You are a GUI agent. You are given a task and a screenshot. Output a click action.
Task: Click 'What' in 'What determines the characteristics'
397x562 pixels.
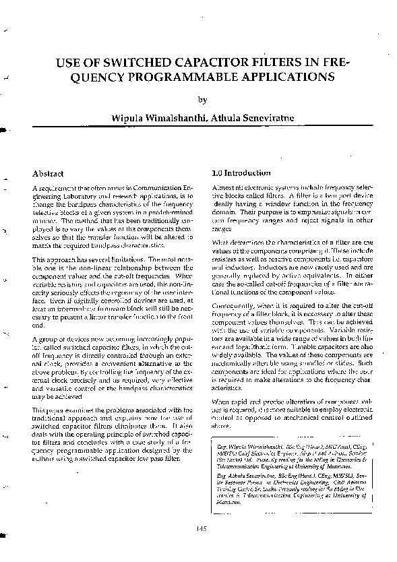[x=220, y=241]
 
